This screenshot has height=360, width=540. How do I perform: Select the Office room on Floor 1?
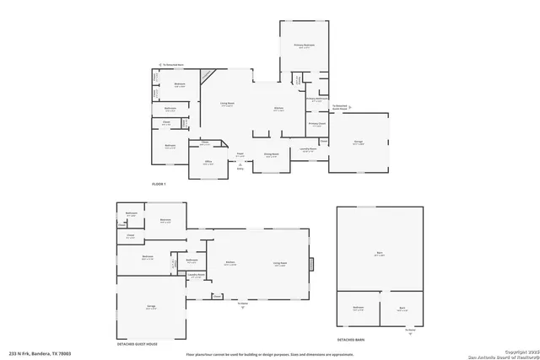[208, 164]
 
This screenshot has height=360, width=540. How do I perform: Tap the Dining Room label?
[270, 156]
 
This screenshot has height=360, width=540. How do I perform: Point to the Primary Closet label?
[317, 124]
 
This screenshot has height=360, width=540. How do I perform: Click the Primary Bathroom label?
[316, 99]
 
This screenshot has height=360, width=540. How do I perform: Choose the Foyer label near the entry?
[240, 155]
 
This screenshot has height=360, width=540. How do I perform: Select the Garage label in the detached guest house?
[151, 309]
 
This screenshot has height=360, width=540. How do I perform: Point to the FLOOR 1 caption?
[158, 183]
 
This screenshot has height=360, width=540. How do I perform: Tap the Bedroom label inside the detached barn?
[358, 308]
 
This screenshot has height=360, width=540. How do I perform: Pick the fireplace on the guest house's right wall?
[310, 264]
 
